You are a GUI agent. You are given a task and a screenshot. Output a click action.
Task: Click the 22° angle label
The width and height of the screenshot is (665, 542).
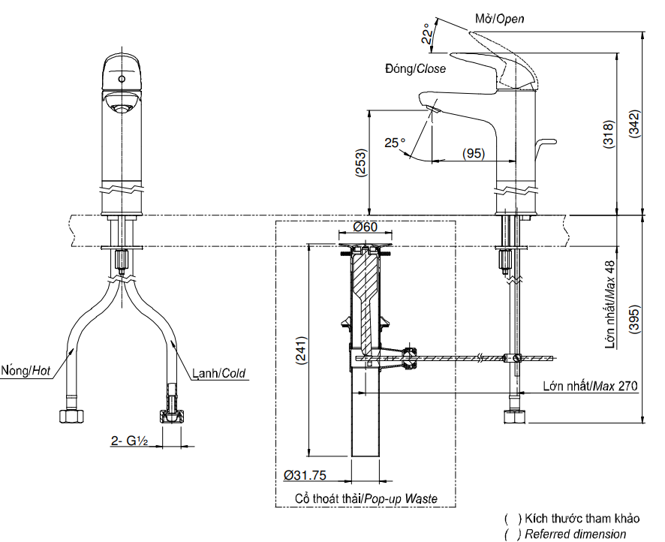point(426,34)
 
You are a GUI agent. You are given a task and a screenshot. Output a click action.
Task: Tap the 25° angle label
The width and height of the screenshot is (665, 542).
point(395,142)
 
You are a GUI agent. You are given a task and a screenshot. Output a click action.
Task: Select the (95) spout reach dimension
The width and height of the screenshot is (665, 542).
point(473,153)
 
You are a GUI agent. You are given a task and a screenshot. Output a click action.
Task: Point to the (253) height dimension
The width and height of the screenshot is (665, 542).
point(361,162)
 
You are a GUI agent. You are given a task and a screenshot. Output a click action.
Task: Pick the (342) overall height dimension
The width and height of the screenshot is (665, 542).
point(634,124)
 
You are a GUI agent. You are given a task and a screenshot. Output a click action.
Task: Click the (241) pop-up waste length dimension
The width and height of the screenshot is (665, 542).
point(299,349)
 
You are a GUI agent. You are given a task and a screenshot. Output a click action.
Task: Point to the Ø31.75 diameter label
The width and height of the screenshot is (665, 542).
point(304,475)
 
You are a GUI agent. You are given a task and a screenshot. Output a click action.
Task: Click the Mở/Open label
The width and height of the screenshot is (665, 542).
point(500,19)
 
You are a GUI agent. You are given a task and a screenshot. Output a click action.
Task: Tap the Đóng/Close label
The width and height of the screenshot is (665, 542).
point(415,68)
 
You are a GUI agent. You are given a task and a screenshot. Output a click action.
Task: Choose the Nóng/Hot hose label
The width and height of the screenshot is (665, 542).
point(26,371)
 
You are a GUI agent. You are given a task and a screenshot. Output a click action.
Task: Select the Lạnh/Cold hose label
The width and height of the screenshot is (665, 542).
point(218,373)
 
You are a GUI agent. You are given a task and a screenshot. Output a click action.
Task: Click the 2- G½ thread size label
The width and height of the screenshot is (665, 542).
point(128,442)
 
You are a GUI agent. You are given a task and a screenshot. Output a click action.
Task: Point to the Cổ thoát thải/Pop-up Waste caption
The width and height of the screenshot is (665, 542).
point(366,498)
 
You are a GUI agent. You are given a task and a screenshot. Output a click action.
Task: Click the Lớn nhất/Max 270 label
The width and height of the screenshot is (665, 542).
point(591,387)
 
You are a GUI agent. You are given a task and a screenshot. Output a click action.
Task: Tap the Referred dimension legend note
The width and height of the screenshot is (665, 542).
point(575,534)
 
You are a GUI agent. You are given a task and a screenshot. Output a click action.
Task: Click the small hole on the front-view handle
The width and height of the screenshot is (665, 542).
point(121,77)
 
